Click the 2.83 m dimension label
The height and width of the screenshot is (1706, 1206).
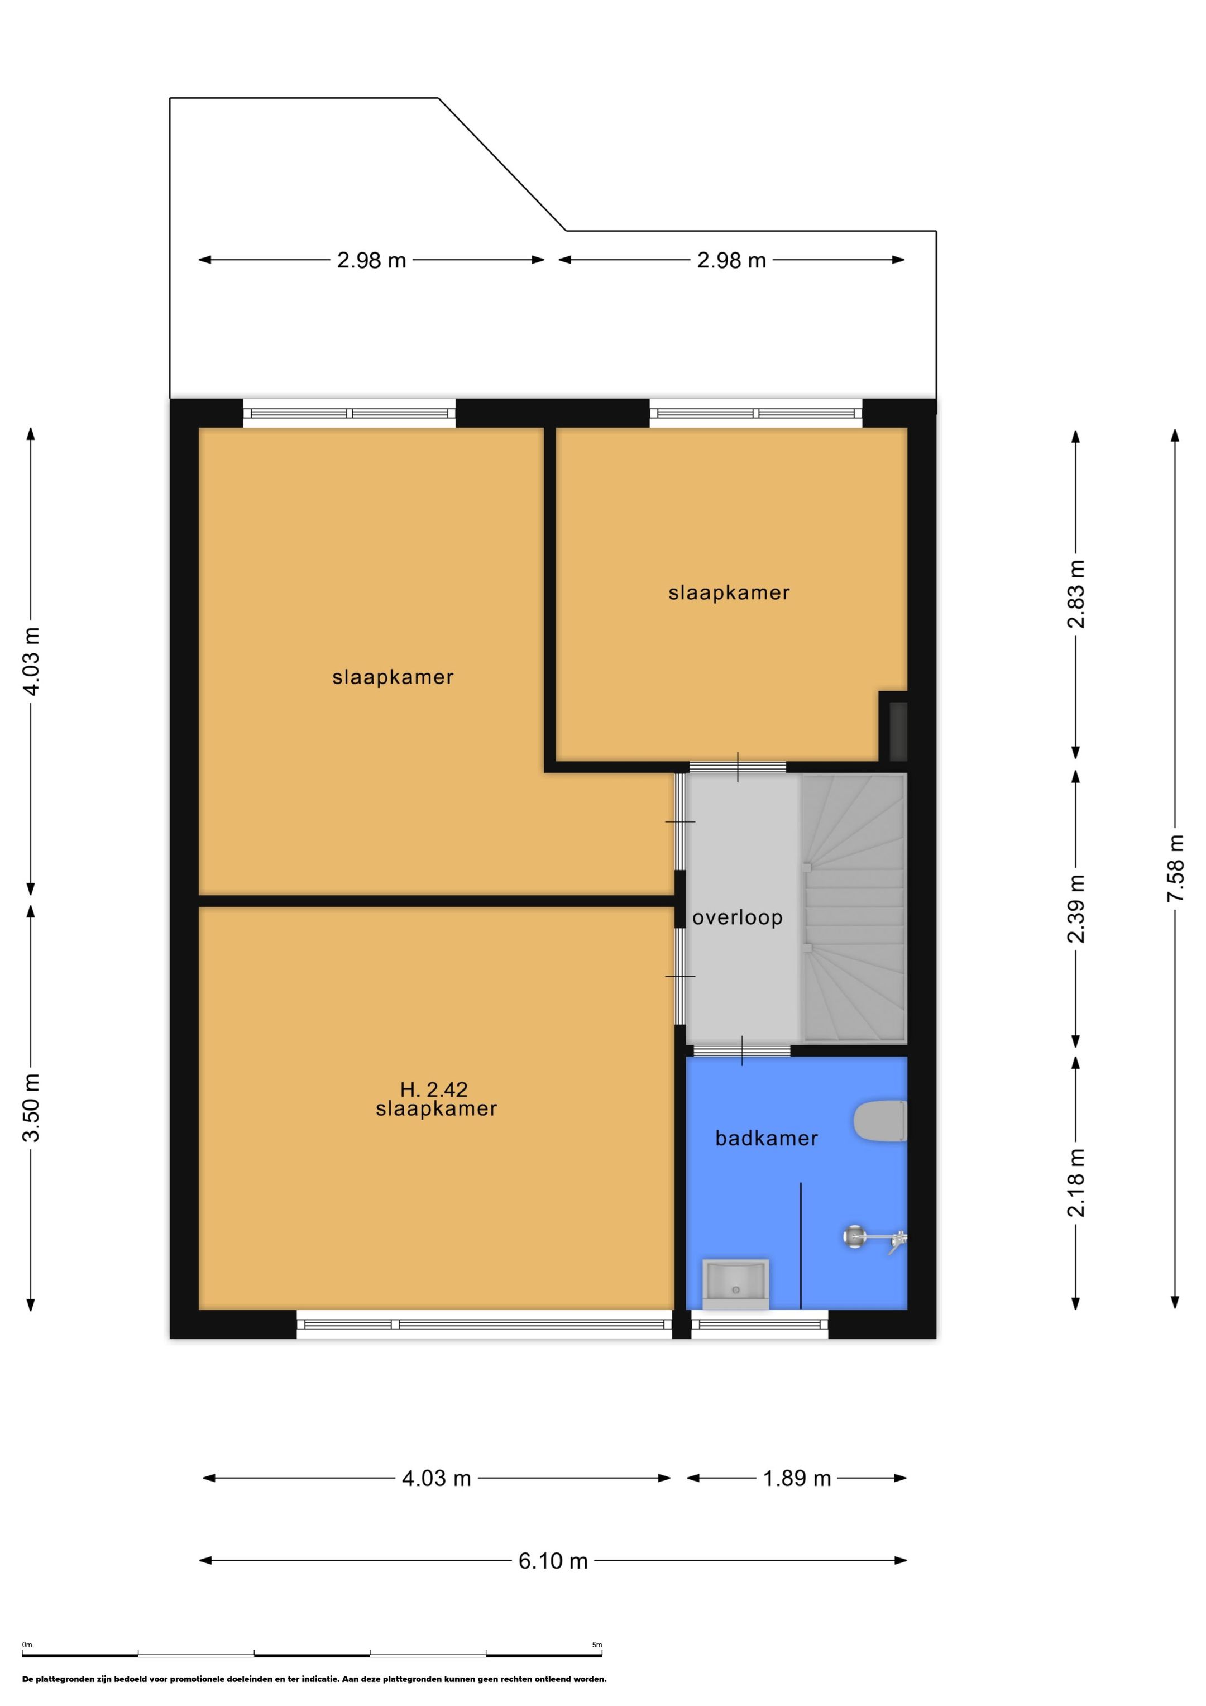click(1076, 594)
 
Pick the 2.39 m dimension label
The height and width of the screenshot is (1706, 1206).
click(1076, 908)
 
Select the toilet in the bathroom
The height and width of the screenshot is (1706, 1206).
click(880, 1121)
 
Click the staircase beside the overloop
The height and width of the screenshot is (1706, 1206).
click(854, 908)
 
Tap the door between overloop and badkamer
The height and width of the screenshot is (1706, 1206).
click(741, 1050)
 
